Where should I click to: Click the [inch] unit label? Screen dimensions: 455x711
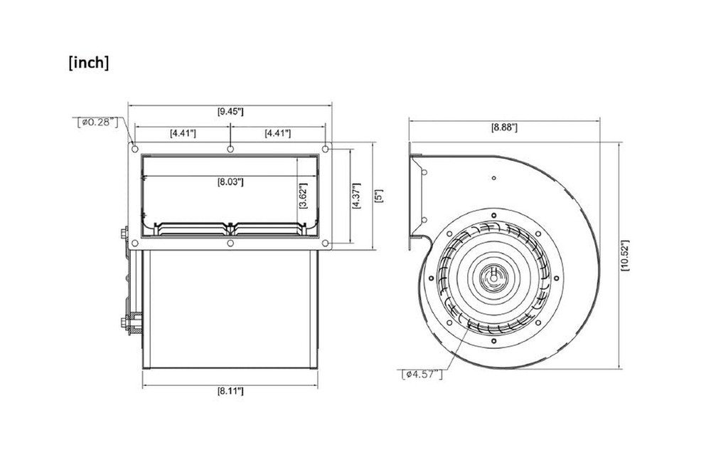[x=89, y=63]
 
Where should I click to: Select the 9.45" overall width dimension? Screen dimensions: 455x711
[x=230, y=111]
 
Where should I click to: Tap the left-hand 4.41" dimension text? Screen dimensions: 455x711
[x=183, y=132]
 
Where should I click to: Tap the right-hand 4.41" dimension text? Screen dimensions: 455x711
[x=277, y=132]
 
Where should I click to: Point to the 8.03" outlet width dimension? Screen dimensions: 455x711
[x=230, y=182]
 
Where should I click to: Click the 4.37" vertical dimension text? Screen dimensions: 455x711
[x=355, y=195]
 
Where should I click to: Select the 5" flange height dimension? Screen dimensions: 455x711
[x=380, y=195]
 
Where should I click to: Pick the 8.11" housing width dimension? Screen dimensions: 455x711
[x=230, y=391]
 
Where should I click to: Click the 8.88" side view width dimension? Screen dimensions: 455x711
[x=504, y=127]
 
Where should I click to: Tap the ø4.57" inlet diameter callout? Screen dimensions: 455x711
[x=423, y=373]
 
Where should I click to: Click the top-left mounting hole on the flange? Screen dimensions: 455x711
[x=134, y=149]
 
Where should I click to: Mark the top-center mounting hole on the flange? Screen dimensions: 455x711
[x=230, y=149]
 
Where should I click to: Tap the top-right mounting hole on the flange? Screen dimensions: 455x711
[x=326, y=149]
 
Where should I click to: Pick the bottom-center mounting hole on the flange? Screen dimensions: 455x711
[x=230, y=244]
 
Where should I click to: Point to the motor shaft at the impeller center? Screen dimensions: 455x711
[x=493, y=273]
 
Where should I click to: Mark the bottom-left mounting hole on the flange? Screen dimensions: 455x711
[x=134, y=244]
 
